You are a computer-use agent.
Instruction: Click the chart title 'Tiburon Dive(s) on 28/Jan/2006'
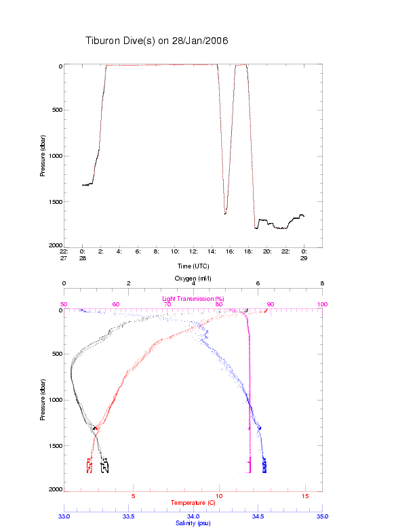coord(157,41)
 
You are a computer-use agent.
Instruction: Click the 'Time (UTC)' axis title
coord(193,266)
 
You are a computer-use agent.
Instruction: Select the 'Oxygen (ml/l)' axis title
coord(193,279)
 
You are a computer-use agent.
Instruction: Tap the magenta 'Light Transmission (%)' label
coord(193,299)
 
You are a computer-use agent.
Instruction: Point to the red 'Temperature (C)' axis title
coord(193,503)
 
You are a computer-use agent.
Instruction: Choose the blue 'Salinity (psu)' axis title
coord(193,523)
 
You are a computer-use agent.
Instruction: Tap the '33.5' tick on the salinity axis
coord(128,516)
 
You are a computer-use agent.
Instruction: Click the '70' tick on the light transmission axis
coord(167,304)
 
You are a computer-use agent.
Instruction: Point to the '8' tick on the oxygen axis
coord(322,284)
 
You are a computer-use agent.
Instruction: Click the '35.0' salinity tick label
coord(322,516)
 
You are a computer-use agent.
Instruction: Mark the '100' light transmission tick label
coord(322,304)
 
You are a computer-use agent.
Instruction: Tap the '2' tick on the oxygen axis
coord(129,284)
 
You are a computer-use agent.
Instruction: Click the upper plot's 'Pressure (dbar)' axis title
coord(42,155)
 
